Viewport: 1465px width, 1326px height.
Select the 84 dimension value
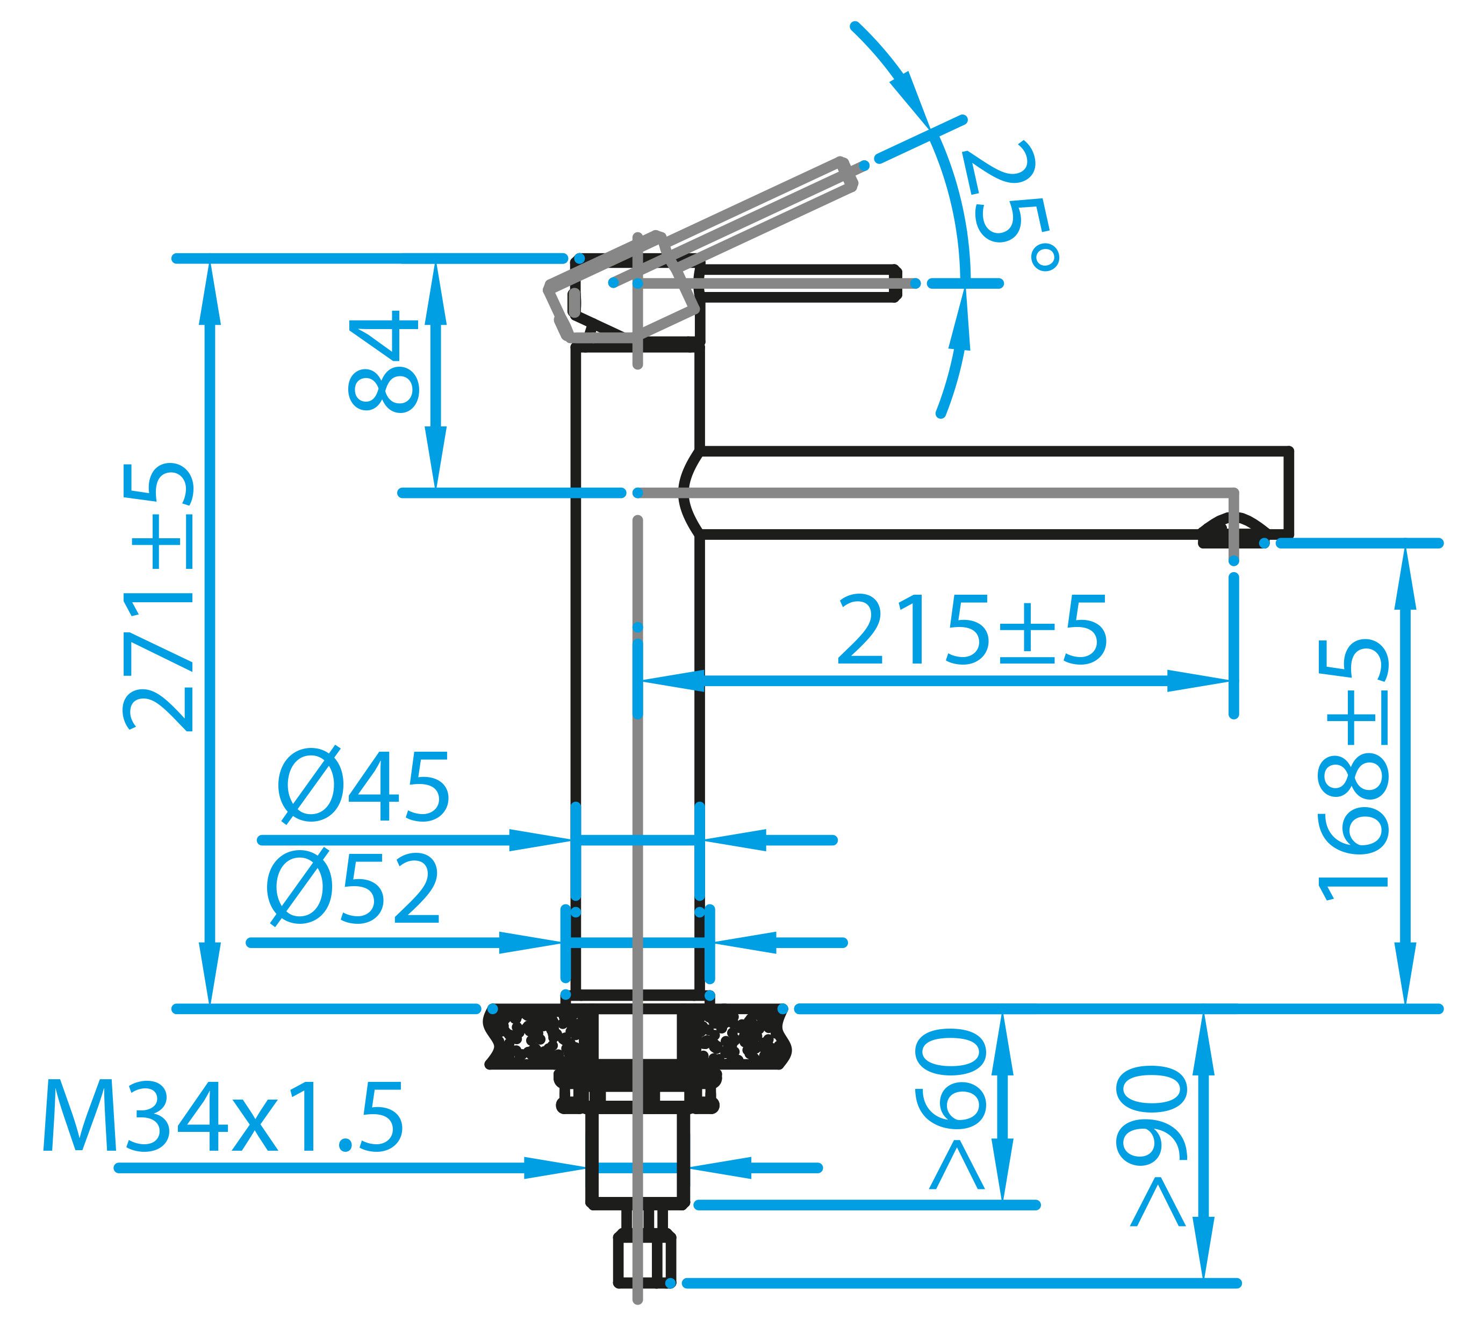pyautogui.click(x=384, y=361)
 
